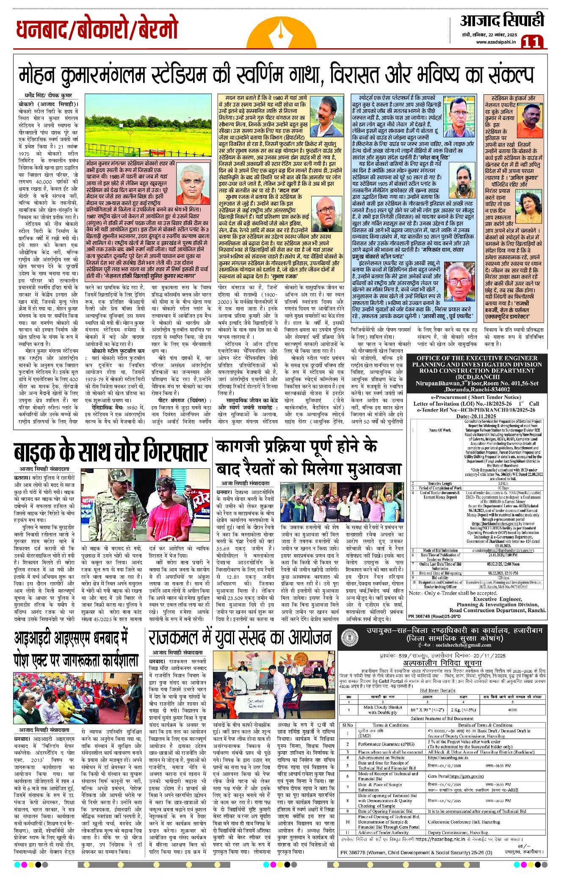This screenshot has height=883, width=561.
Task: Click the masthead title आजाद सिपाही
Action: (x=502, y=20)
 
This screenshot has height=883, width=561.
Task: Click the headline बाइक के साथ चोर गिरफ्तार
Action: (x=111, y=452)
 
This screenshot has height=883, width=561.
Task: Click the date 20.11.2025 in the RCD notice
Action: (x=482, y=416)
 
